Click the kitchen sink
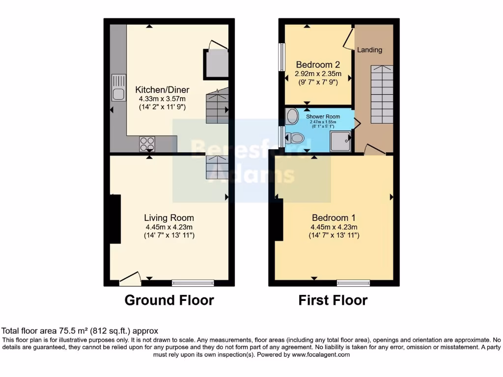pos(119,86)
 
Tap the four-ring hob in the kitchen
pos(146,143)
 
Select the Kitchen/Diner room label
pos(162,90)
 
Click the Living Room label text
pos(168,217)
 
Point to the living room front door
pos(130,280)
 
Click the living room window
pos(193,283)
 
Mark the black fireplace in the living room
pos(115,218)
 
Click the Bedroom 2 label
pos(318,64)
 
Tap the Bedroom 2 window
pos(282,57)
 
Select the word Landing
pos(369,50)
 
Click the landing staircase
pos(382,94)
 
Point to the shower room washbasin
pos(292,116)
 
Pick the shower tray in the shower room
pos(341,141)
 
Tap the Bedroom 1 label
pos(334,217)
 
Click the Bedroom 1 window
pos(353,283)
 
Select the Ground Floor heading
pos(169,300)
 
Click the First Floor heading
pos(333,300)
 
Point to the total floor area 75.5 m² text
pos(80,331)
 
